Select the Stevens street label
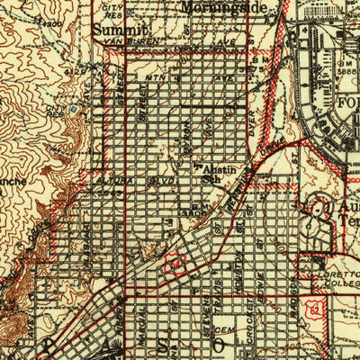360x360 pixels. pos(203,317)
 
